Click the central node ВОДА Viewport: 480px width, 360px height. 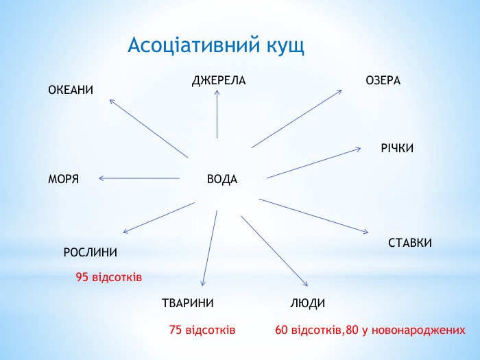coord(222,180)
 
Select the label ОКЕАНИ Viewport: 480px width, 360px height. coord(71,91)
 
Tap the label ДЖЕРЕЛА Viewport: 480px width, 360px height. coord(219,81)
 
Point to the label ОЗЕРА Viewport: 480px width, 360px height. coord(383,81)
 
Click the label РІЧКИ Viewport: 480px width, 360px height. coord(397,148)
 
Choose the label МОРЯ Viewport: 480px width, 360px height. coord(64,180)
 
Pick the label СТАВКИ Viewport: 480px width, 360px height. coord(410,243)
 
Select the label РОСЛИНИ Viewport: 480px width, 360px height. coord(90,252)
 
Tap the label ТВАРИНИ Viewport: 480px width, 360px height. coord(188,303)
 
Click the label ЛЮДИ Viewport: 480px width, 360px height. coord(308,303)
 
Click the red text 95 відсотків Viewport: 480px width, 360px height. coord(108,278)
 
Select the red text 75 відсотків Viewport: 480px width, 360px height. coord(202,331)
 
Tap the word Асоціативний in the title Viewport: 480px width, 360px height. coord(192,46)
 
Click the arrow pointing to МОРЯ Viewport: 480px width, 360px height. coord(139,178)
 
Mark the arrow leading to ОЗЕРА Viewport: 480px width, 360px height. coord(296,119)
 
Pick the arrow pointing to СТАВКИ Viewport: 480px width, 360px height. coord(313,216)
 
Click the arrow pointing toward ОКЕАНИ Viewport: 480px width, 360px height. coord(149,128)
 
